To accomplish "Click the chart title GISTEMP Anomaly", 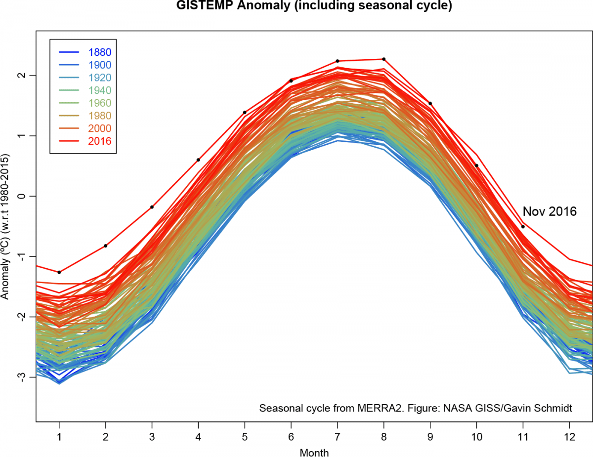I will pos(314,6).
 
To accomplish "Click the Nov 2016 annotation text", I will pos(550,211).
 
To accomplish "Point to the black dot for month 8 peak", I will pos(383,59).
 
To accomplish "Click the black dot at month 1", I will pos(59,272).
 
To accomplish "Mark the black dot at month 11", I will pos(523,227).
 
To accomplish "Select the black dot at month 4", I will pos(198,160).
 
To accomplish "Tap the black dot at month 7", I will pos(338,61).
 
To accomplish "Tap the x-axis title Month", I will pos(314,452).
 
